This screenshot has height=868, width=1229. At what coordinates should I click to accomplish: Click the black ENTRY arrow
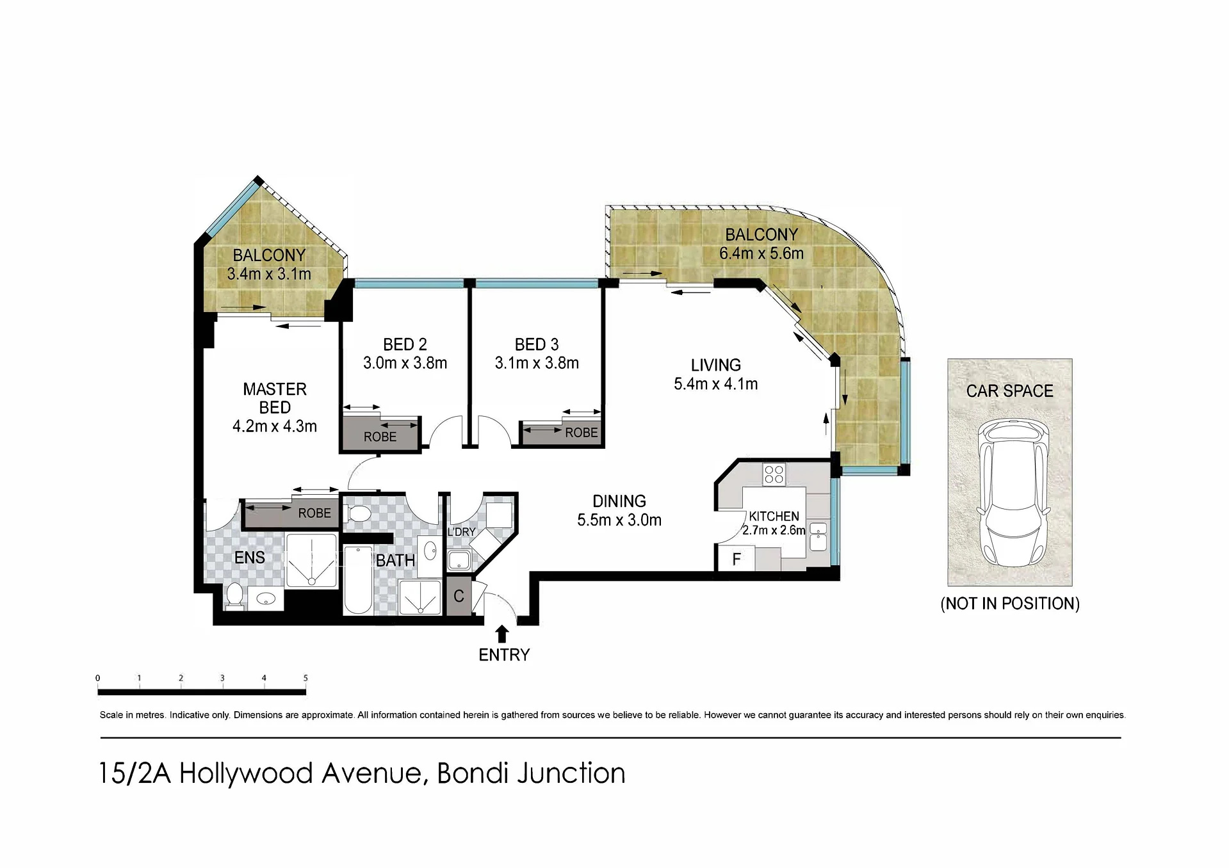[x=502, y=634]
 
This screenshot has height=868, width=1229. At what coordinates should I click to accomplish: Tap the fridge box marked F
[x=735, y=559]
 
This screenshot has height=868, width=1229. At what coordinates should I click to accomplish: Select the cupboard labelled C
[x=459, y=596]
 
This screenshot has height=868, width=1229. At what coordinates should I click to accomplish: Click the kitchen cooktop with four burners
[x=774, y=474]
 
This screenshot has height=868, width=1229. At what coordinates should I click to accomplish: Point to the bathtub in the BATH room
[x=358, y=580]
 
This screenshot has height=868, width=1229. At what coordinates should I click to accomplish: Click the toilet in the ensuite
[x=234, y=595]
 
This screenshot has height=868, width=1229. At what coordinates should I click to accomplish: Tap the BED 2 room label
[x=405, y=344]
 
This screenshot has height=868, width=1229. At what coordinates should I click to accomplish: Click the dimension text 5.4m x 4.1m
[x=715, y=384]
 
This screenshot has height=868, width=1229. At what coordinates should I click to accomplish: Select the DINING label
[x=619, y=501]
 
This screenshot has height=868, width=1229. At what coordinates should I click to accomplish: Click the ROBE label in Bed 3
[x=581, y=433]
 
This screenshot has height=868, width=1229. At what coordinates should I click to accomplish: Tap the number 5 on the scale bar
[x=305, y=678]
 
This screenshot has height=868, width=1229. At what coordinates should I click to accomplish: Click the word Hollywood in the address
[x=247, y=773]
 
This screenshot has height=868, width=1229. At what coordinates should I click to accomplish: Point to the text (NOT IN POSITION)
[x=1010, y=604]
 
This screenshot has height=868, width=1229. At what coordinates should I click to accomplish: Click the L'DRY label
[x=461, y=532]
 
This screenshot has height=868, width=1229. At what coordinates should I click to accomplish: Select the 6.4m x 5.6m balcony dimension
[x=761, y=253]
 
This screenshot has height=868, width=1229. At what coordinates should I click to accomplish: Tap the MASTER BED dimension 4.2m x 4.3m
[x=274, y=426]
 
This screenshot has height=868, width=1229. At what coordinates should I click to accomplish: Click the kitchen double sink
[x=818, y=536]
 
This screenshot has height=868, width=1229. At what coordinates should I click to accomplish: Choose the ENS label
[x=249, y=558]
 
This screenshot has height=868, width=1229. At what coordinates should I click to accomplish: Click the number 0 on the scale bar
[x=97, y=678]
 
